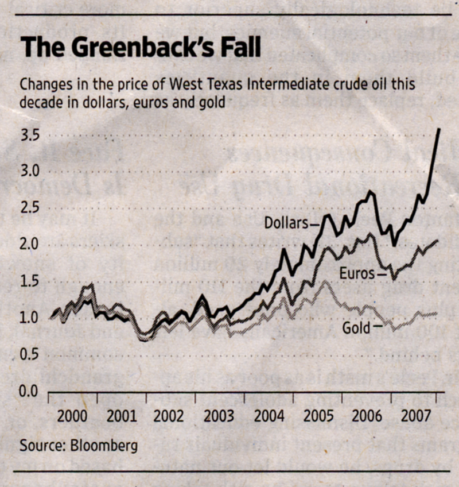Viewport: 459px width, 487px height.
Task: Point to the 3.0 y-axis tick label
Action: tap(32, 171)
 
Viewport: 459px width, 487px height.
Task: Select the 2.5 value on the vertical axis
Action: tap(32, 207)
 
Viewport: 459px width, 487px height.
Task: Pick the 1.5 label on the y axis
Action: tap(32, 281)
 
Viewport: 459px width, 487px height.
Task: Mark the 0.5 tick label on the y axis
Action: tap(32, 355)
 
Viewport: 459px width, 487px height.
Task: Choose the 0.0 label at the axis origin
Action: tap(32, 392)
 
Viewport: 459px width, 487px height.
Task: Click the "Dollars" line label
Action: tap(286, 223)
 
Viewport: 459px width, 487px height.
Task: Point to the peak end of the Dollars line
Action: tap(439, 129)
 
